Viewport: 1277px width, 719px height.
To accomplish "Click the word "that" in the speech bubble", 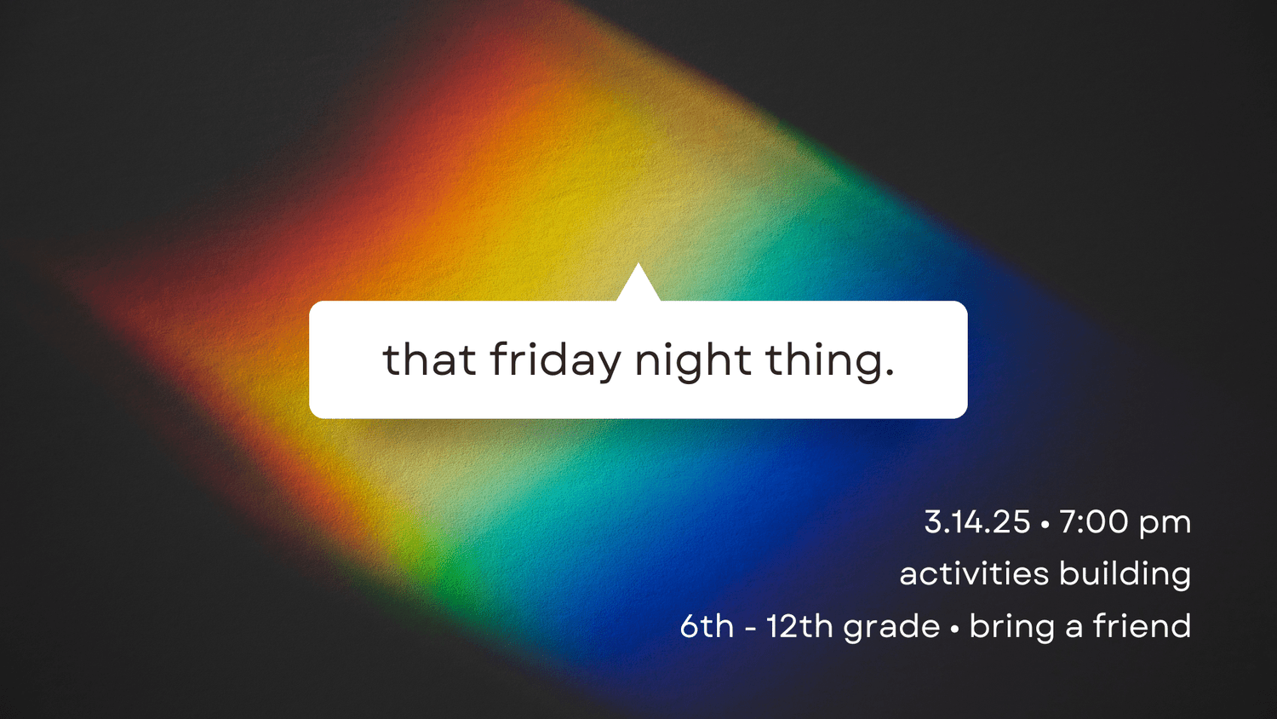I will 429,359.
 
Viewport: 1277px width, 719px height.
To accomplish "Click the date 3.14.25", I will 977,522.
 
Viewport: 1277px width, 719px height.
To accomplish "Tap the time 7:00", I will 1093,522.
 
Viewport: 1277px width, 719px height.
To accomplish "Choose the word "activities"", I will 974,574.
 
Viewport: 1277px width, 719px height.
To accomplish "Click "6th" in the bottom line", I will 707,626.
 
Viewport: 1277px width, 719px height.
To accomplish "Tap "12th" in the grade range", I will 799,626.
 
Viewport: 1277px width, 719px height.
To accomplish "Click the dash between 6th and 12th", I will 749,629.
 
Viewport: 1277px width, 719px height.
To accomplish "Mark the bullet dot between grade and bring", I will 954,630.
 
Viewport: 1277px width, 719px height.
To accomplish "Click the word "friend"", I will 1142,626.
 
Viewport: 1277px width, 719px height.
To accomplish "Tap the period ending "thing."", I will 890,373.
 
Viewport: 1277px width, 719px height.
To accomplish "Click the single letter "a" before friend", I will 1074,628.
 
